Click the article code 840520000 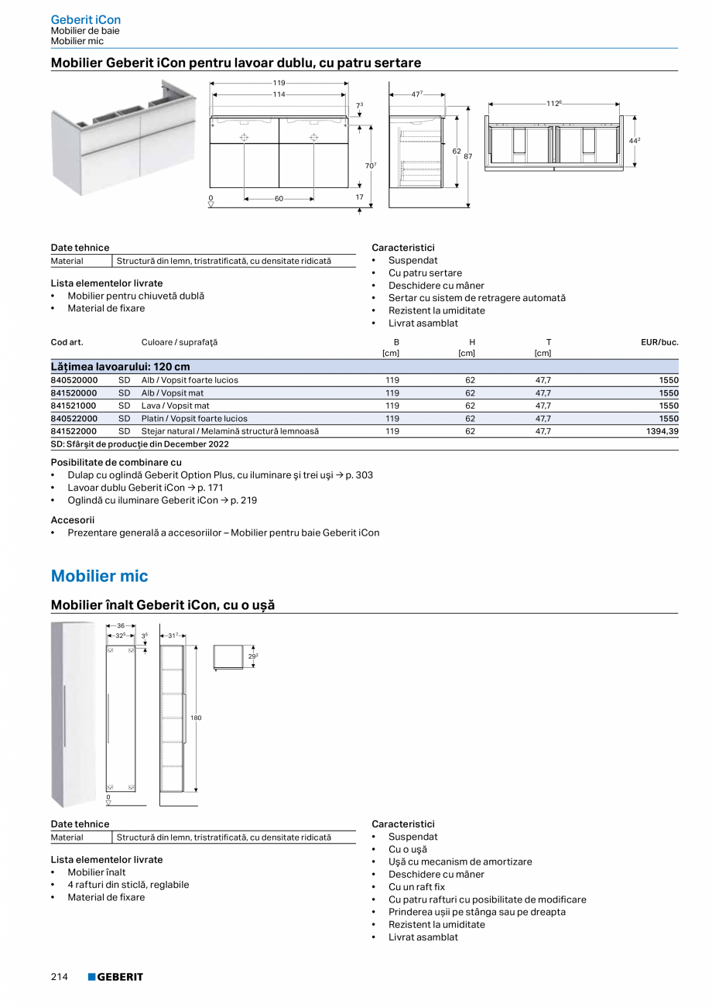point(74,380)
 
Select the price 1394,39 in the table point(662,431)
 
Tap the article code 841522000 point(74,431)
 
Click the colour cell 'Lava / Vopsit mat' point(175,406)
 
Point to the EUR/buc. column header point(659,341)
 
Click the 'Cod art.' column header point(67,341)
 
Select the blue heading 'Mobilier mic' point(99,576)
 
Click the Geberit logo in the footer point(115,977)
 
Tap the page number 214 point(60,977)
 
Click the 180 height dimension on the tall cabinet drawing point(196,718)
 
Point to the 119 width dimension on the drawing point(279,83)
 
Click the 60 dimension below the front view point(279,199)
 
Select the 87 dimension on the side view point(467,156)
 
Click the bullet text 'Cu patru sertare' point(425,272)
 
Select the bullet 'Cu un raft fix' point(416,886)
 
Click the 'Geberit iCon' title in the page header point(85,19)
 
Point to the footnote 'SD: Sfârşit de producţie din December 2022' point(140,444)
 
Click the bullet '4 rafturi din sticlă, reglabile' point(128,885)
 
